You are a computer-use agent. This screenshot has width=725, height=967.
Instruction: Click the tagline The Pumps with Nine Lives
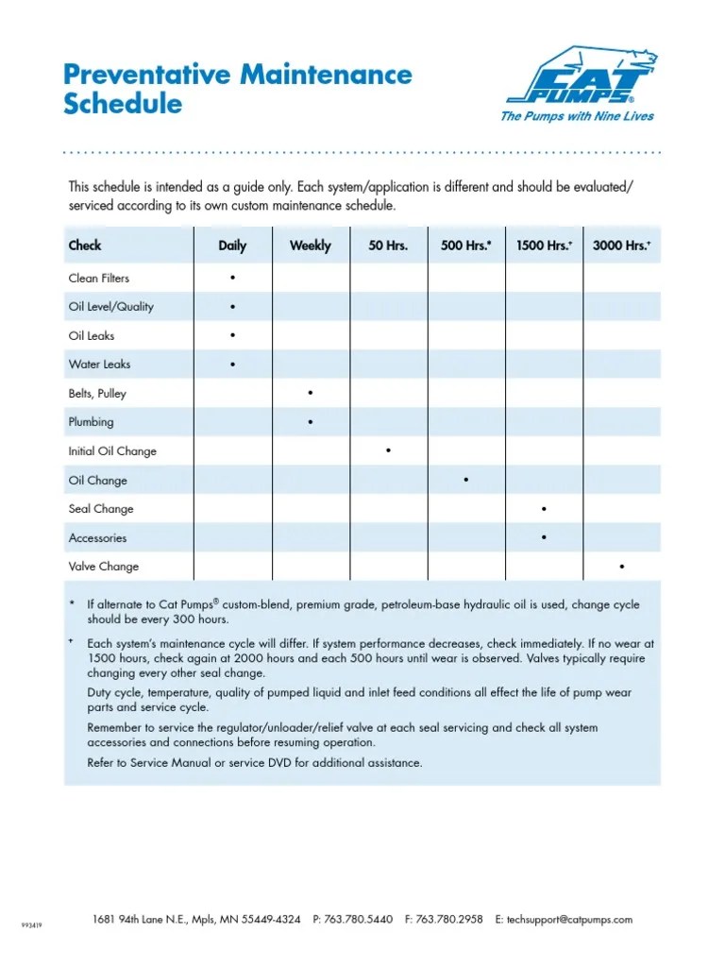coord(576,116)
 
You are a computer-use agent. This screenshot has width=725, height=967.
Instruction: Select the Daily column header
coord(232,246)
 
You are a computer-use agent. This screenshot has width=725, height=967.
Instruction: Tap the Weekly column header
coord(311,246)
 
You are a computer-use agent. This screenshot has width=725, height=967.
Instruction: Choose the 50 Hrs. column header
coord(388,246)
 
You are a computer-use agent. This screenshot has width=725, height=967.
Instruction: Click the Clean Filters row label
coord(99,279)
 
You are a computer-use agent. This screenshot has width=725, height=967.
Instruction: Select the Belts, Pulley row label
coord(97,394)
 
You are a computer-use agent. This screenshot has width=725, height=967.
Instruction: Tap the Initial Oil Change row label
coord(112,451)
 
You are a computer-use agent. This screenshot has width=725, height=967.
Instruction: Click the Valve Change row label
coord(104,567)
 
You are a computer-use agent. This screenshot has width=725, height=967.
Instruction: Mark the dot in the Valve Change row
coord(621,567)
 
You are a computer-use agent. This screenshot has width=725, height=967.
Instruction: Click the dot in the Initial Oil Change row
coord(388,451)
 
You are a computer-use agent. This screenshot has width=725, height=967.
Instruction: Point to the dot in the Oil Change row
coord(466,481)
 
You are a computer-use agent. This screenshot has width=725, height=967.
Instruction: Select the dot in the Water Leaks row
coord(232,365)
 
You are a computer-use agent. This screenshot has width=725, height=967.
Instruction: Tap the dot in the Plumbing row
coord(311,422)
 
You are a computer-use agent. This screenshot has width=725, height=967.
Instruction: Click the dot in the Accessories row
coord(544,538)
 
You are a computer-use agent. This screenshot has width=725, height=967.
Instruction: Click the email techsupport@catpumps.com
coord(570,919)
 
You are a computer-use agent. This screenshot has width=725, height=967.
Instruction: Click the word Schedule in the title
coord(123,104)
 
